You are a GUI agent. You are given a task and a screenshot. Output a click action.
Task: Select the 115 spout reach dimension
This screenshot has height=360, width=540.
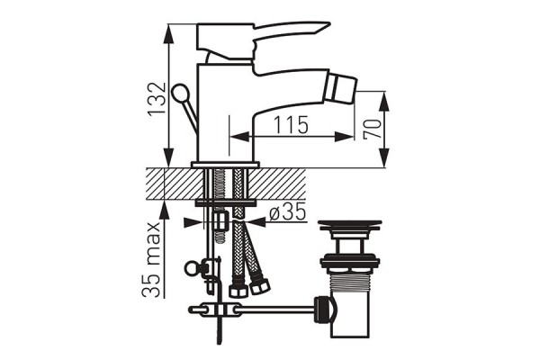pyautogui.click(x=288, y=124)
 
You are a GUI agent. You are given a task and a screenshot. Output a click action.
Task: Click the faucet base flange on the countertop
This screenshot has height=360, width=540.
pyautogui.click(x=225, y=165)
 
